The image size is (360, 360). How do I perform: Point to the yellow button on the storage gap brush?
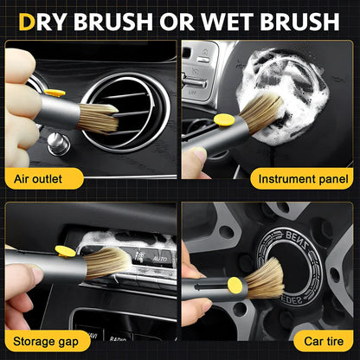click(x=65, y=252)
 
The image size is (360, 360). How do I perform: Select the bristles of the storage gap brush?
click(x=112, y=259)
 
